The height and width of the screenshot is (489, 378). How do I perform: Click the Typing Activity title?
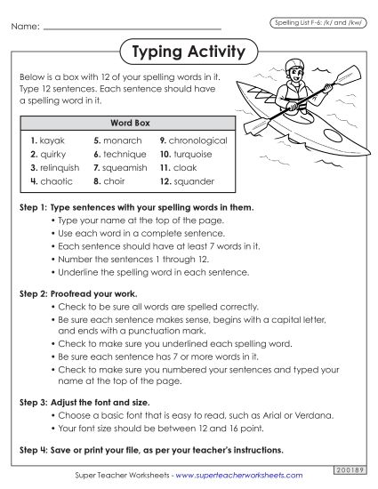tap(188, 52)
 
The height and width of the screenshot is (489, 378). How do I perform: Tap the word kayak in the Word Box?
tap(52, 140)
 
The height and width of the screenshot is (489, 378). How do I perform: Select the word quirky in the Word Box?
tap(53, 154)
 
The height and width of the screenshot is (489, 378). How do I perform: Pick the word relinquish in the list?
tap(60, 167)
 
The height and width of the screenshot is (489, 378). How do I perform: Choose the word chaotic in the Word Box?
tap(56, 180)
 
